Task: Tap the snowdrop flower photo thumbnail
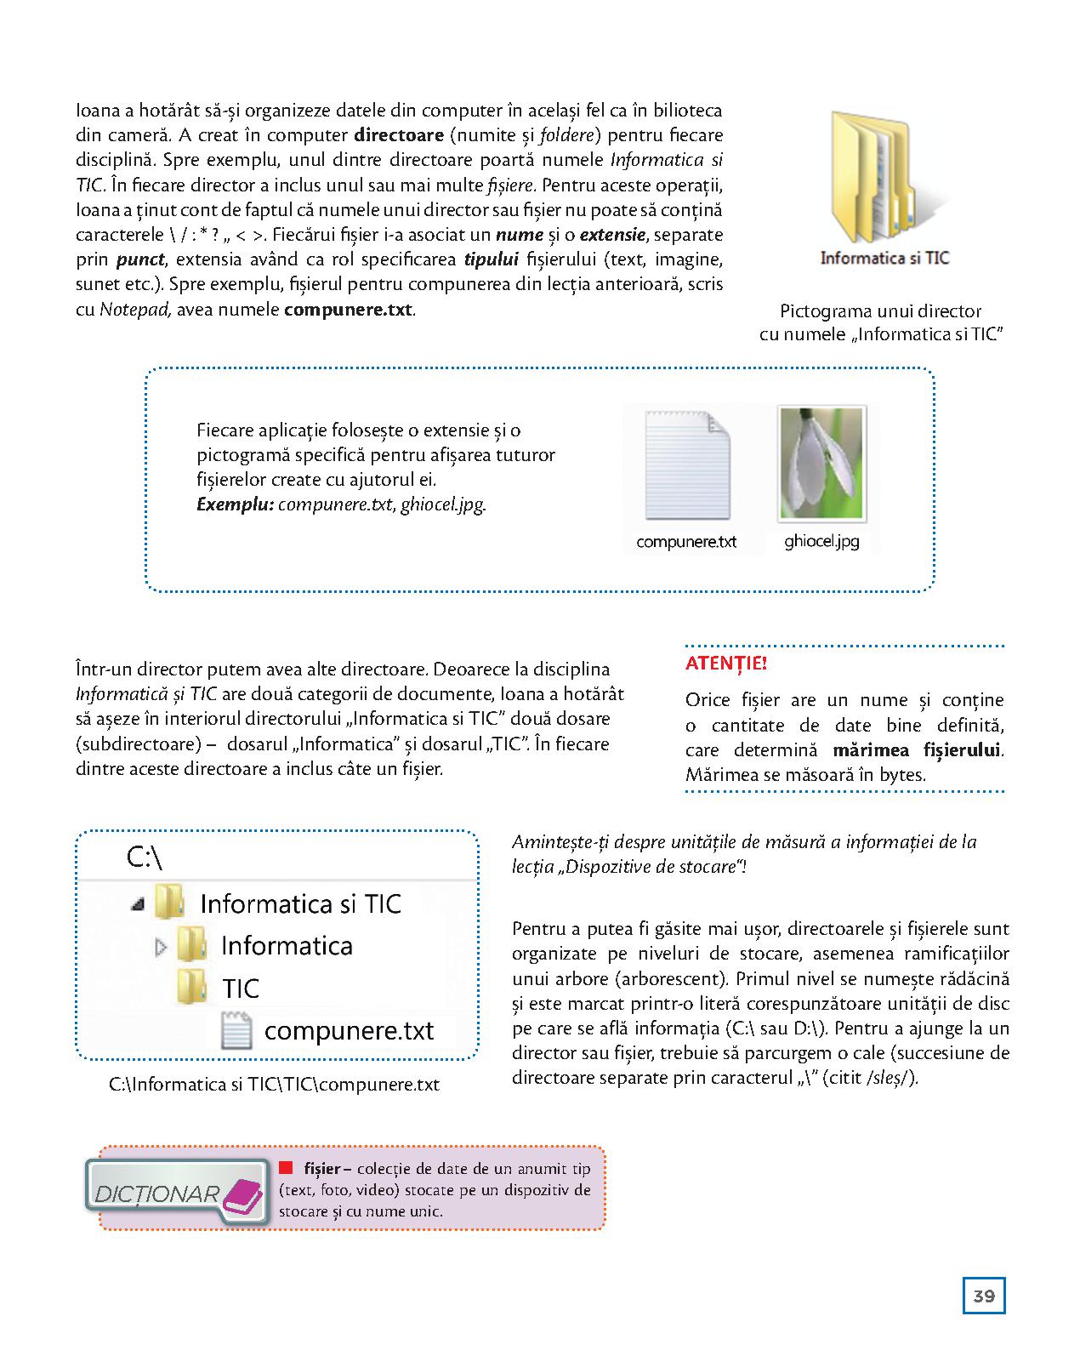pos(821,464)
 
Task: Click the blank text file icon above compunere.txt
pos(687,465)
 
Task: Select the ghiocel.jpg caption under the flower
pos(821,541)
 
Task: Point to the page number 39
pos(984,1296)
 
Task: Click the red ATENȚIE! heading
pos(725,664)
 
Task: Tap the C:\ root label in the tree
pos(145,857)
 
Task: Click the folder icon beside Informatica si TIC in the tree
pos(170,902)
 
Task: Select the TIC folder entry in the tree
pos(241,989)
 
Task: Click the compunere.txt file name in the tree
pos(349,1031)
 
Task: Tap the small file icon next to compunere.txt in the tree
pos(236,1031)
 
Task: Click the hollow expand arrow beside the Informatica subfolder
pos(162,946)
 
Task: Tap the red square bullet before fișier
pos(287,1167)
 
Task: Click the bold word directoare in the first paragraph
pos(398,135)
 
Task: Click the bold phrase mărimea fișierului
pos(917,750)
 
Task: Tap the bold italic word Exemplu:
pos(235,504)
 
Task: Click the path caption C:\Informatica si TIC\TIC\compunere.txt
pos(274,1085)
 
